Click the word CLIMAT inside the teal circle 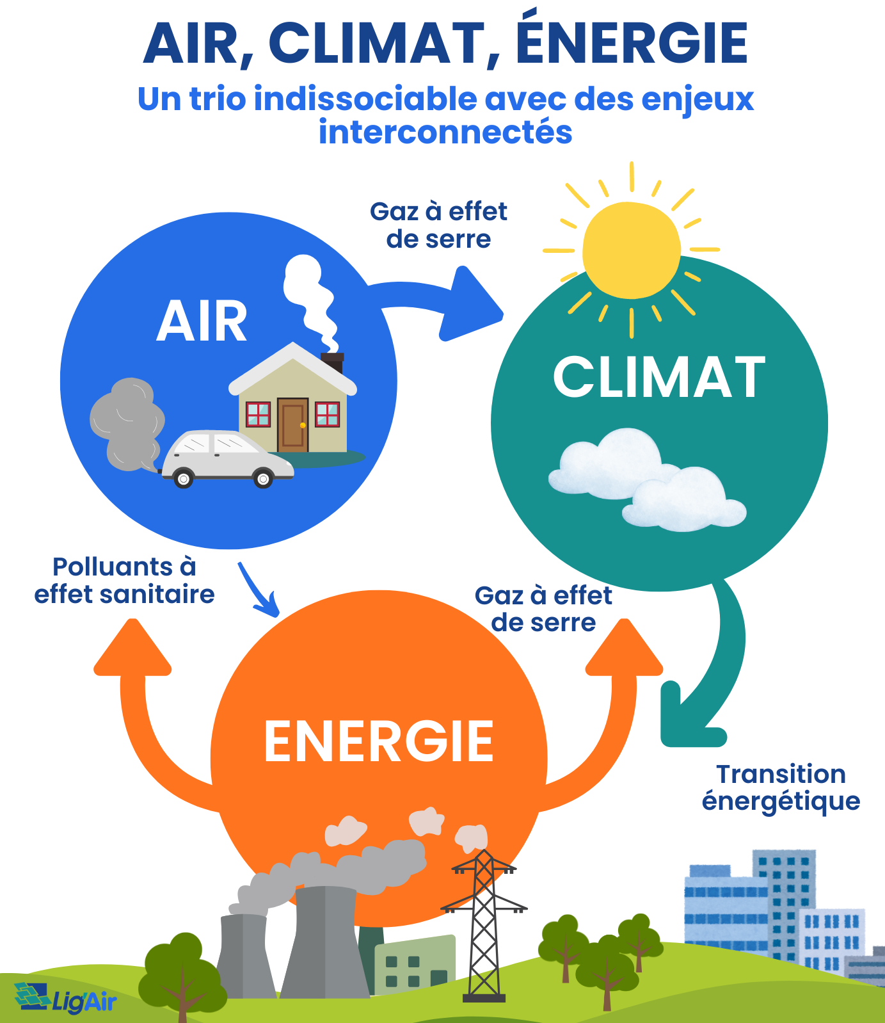pyautogui.click(x=659, y=378)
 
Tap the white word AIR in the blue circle pyautogui.click(x=202, y=322)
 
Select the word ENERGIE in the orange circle pyautogui.click(x=379, y=741)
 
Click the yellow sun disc pyautogui.click(x=632, y=250)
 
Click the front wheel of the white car pyautogui.click(x=263, y=478)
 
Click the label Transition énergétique pyautogui.click(x=781, y=787)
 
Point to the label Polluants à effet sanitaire pyautogui.click(x=124, y=581)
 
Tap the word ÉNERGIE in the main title pyautogui.click(x=632, y=44)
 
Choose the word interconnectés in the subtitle pyautogui.click(x=445, y=133)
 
